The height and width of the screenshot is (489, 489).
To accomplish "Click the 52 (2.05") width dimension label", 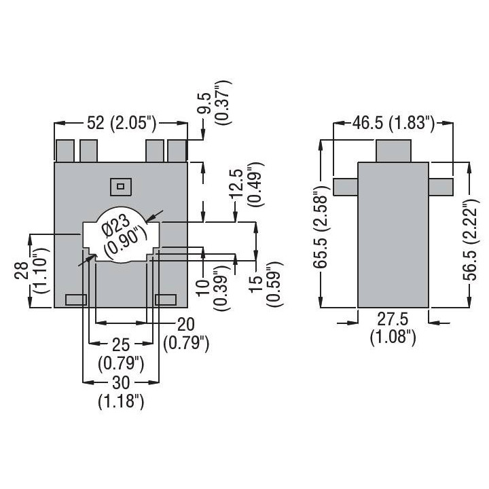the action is coord(121,123).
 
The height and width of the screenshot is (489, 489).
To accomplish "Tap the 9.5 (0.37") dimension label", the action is coord(216,103).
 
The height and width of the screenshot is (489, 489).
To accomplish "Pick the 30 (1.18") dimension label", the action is coord(121,392).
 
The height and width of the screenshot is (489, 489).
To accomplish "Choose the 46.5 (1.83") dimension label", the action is coord(393,123).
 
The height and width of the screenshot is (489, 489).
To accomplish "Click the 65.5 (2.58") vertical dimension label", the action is coord(321,228).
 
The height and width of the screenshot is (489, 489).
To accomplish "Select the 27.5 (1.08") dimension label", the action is coord(393,329).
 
